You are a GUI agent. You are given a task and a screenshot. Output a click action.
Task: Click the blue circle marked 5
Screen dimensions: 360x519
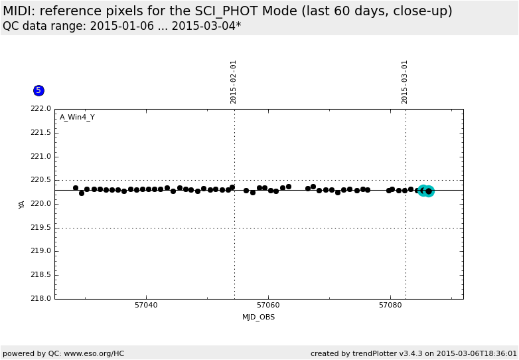pos(38,90)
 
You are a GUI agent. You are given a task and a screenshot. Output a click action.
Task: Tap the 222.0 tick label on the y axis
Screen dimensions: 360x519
pos(41,109)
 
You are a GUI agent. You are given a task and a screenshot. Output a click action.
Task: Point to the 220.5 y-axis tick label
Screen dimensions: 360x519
pos(41,180)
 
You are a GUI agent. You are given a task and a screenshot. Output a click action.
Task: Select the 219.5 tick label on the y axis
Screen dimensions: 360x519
pos(41,228)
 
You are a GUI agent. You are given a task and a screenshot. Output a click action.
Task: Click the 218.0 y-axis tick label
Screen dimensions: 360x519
pos(41,299)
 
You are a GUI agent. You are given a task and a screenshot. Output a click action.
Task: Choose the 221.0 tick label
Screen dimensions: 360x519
pos(41,157)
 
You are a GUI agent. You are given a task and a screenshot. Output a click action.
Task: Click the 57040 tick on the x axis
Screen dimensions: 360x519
pos(146,306)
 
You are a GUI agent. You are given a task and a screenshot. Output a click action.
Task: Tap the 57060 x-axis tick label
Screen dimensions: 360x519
pos(268,306)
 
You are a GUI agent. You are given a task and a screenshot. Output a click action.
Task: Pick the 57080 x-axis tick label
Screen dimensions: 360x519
pos(390,306)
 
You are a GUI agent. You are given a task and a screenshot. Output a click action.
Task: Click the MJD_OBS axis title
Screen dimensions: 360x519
pos(258,317)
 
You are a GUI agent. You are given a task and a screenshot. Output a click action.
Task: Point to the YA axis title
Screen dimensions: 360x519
pos(22,205)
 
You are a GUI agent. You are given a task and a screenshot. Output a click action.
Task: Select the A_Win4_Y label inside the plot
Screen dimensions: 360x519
pos(77,118)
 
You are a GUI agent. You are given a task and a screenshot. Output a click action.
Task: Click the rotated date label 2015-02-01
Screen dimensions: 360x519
pos(234,82)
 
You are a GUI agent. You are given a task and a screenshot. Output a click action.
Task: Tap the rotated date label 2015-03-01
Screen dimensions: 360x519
pos(405,82)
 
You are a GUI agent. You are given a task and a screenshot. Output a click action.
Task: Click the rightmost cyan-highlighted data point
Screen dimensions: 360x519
pos(429,191)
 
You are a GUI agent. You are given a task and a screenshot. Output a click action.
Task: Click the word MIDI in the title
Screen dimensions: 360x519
pos(18,11)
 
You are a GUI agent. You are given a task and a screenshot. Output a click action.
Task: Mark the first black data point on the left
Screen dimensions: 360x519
pos(76,188)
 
